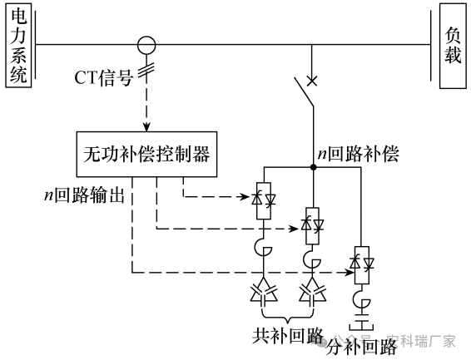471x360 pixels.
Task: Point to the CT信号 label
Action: [x=106, y=78]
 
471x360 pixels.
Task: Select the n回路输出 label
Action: [x=85, y=194]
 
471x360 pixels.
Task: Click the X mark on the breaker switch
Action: [x=312, y=81]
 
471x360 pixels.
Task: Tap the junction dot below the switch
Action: [x=313, y=168]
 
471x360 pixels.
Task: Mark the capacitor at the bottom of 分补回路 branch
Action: [x=362, y=321]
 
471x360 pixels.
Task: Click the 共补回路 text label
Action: [x=288, y=335]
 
